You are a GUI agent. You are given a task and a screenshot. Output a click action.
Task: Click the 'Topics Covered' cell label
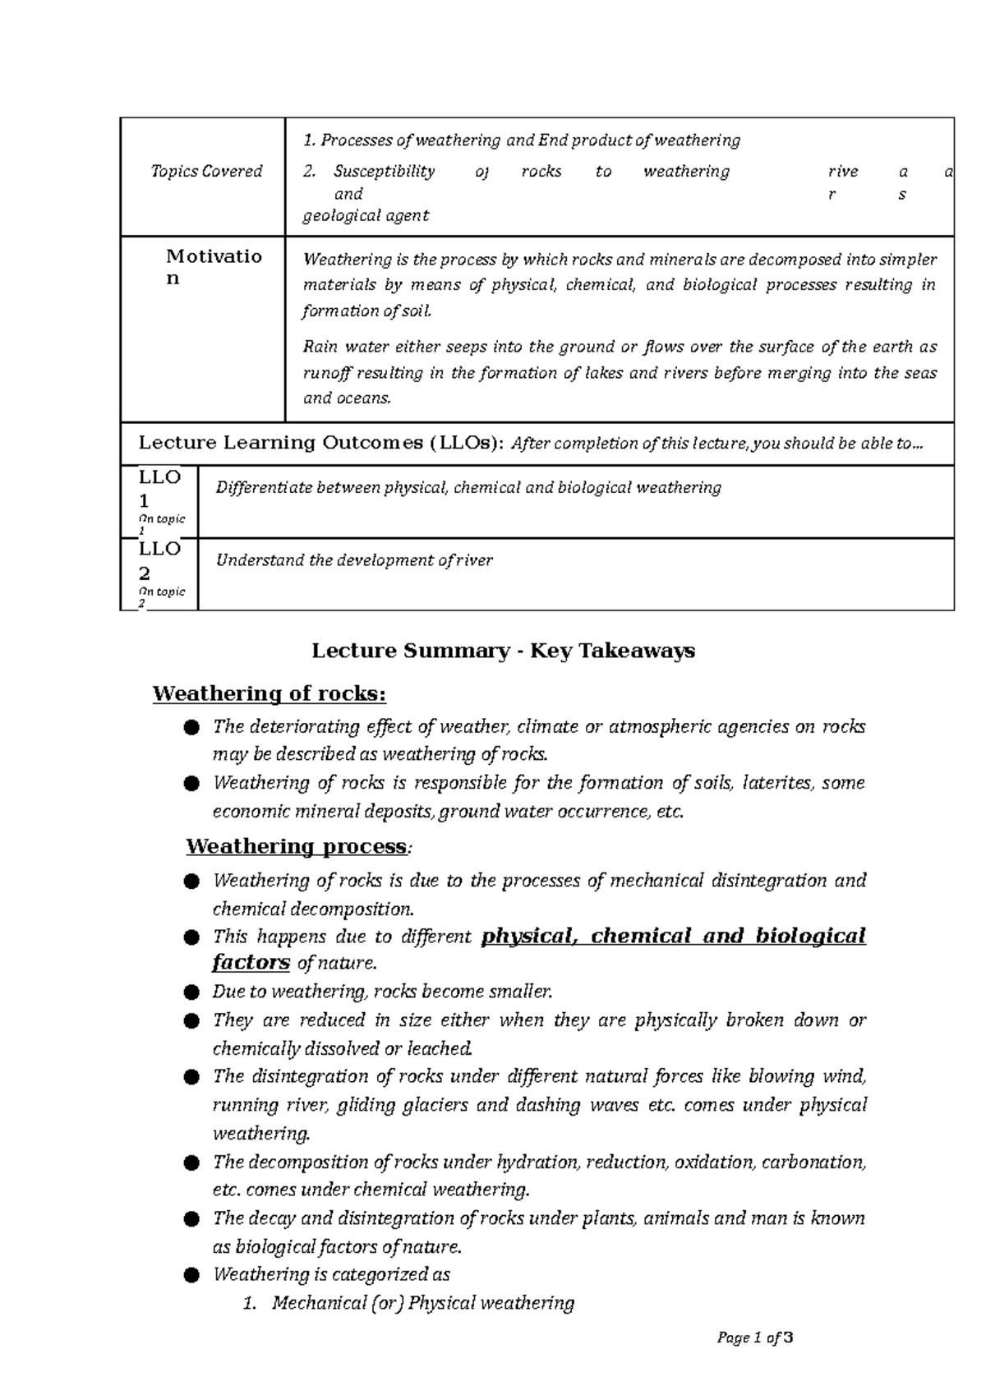[x=206, y=172]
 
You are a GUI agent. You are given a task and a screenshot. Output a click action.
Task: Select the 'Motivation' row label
[x=213, y=266]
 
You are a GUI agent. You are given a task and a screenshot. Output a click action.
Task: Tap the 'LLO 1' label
[x=159, y=489]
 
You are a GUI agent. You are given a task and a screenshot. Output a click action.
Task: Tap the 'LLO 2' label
[x=159, y=560]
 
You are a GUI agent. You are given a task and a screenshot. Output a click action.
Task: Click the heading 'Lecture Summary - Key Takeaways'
[x=503, y=651]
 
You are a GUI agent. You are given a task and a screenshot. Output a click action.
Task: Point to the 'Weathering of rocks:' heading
[x=269, y=694]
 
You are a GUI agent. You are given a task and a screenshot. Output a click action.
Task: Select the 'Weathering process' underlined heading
[x=296, y=846]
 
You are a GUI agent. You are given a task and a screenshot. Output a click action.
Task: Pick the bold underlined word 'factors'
[x=251, y=962]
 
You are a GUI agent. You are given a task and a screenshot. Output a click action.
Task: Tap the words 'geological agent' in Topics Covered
[x=366, y=216]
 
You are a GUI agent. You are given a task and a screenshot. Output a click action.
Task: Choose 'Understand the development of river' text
[x=353, y=561]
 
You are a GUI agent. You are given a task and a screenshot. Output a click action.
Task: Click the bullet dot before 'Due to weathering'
[x=191, y=992]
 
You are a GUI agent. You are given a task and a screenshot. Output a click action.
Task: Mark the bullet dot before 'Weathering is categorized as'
[x=191, y=1275]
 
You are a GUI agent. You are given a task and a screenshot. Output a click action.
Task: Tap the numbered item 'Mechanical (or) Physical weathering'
[x=422, y=1303]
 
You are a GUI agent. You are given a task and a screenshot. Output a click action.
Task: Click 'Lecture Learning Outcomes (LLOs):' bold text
[x=320, y=444]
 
